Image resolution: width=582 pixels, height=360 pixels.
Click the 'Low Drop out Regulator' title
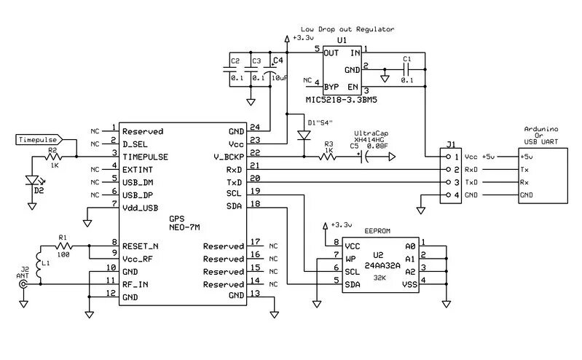[347, 29]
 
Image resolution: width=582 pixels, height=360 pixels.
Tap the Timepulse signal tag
[39, 138]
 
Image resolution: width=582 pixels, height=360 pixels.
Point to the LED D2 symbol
[32, 181]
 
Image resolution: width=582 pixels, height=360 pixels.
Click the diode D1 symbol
[302, 136]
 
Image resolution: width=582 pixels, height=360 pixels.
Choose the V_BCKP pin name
[229, 157]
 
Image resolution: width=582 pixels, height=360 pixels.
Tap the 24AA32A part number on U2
[378, 266]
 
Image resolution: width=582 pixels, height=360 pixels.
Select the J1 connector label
[451, 144]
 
